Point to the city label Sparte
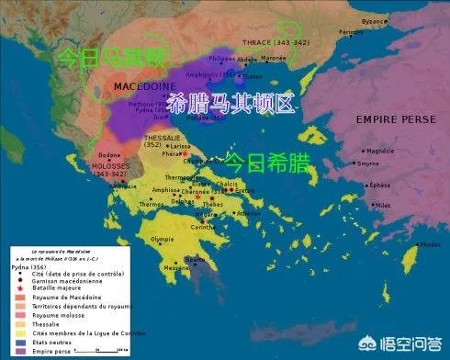pos(195,260)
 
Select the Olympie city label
pos(163,239)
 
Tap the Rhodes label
pos(428,244)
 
